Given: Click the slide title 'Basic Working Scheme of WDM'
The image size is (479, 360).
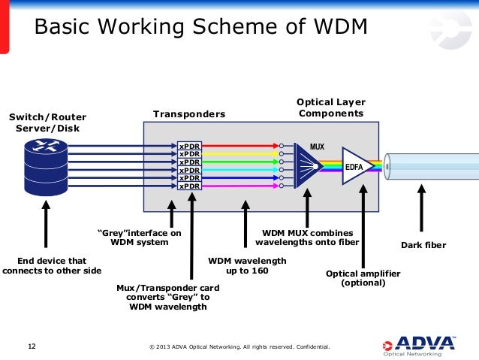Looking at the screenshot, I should (201, 27).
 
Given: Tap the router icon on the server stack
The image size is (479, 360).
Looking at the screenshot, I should (47, 147).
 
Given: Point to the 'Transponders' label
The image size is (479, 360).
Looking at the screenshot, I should (189, 114).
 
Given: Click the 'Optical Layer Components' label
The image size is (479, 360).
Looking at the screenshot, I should (330, 107).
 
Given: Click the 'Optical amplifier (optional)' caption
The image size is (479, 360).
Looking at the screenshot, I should (363, 279).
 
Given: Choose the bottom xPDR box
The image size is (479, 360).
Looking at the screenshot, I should (189, 186).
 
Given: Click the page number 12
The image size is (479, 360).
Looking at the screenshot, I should (32, 346).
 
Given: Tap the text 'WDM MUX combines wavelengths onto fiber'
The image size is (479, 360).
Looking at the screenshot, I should (307, 237).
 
